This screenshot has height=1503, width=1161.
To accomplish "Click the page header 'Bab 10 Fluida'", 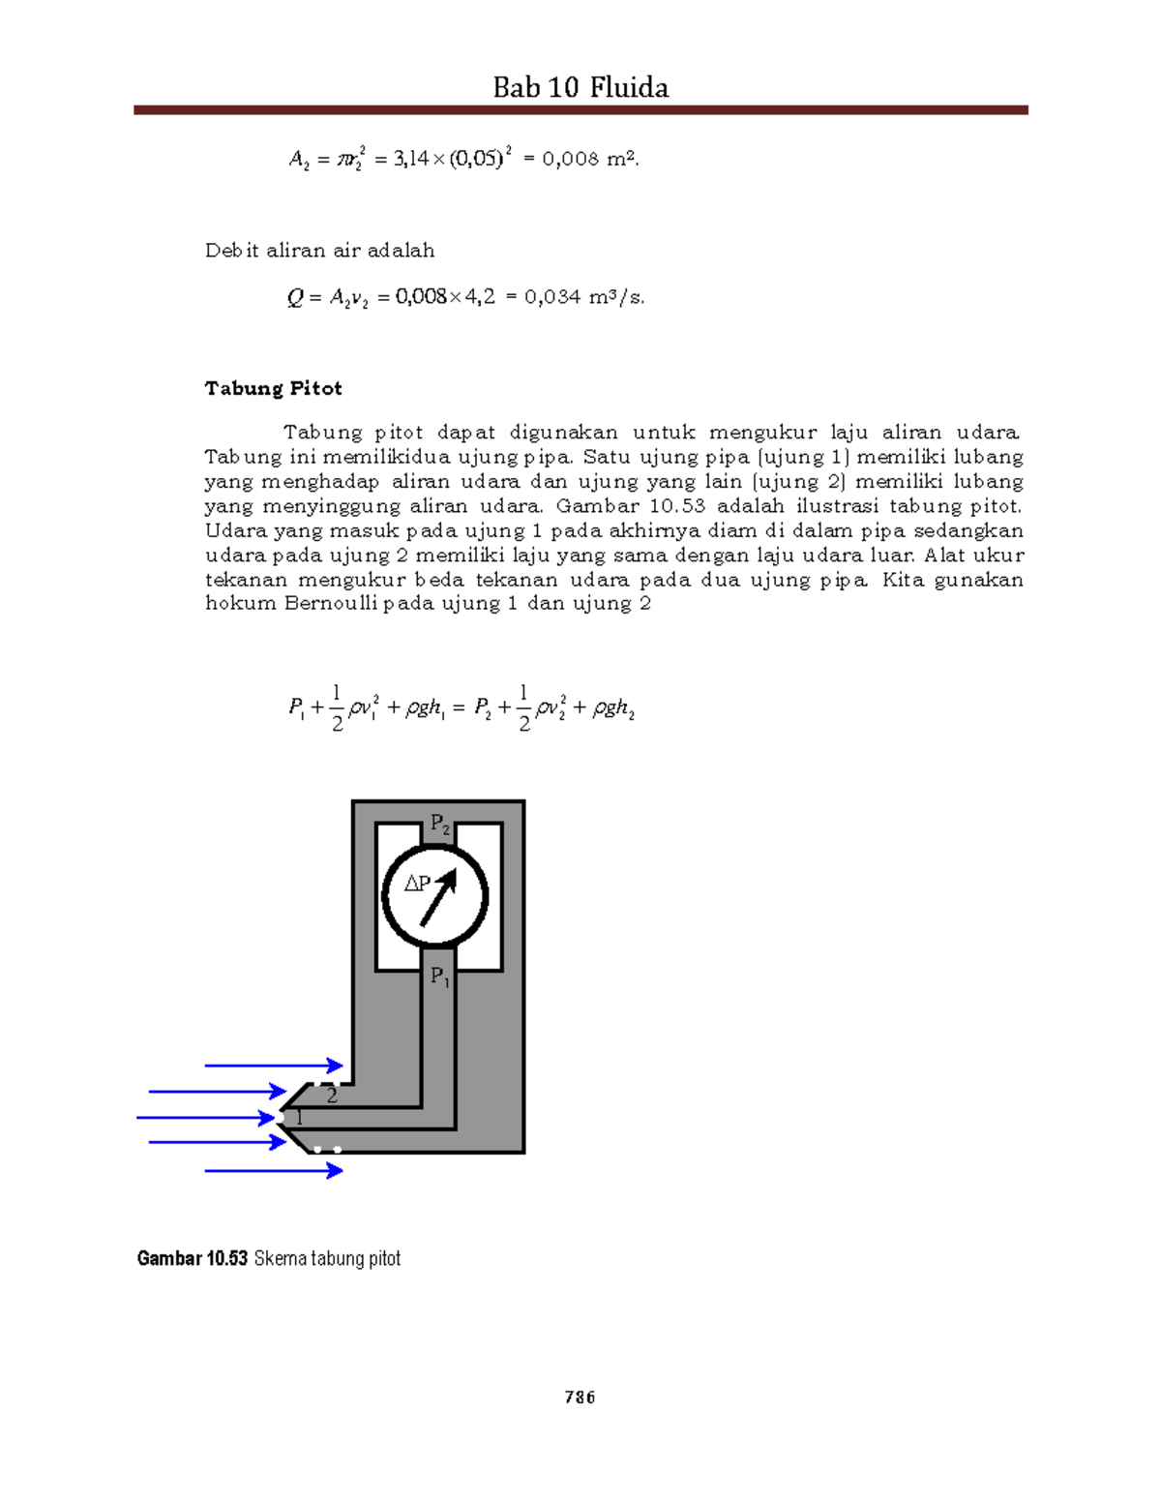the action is click(580, 88).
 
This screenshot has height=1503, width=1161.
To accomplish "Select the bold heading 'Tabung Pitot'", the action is click(273, 388).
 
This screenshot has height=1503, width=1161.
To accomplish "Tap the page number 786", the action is click(580, 1397).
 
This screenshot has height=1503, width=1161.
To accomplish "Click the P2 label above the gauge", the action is click(439, 826).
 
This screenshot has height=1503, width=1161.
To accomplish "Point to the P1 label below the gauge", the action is click(439, 977).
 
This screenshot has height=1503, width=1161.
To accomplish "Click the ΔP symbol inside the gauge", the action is click(417, 884).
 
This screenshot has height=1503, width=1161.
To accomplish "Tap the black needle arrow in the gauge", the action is click(438, 897).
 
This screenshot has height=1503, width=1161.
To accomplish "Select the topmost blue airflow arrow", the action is click(274, 1066).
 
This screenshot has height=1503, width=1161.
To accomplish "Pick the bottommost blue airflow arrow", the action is click(274, 1170).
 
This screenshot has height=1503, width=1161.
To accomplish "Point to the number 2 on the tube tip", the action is click(332, 1096).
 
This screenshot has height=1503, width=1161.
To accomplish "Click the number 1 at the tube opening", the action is click(299, 1118).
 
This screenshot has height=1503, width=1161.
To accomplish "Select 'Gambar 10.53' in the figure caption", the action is click(193, 1258).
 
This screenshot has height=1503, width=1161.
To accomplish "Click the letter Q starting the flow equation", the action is click(295, 297).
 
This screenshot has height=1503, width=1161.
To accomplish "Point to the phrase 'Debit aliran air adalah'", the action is click(319, 251).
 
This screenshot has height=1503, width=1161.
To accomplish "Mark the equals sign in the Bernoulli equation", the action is click(459, 708).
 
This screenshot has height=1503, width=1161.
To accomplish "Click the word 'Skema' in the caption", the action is click(280, 1258).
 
